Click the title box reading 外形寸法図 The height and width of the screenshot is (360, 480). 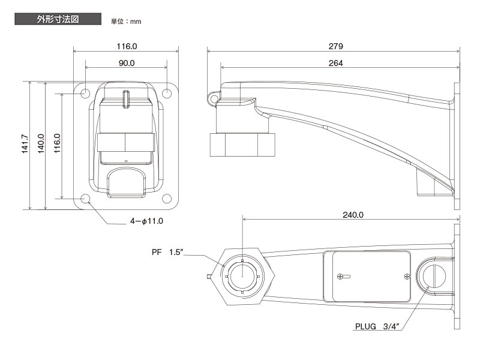point(57,19)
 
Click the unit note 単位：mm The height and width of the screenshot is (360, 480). point(125,22)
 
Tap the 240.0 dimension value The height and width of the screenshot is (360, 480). point(353,214)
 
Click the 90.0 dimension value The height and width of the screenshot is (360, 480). point(127,64)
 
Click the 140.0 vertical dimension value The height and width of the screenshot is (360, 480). point(41,145)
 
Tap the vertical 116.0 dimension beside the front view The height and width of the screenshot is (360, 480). point(58,145)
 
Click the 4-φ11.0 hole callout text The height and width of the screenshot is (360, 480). point(147,221)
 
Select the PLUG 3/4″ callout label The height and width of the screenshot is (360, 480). point(376,327)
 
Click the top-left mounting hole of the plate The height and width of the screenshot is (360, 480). point(85,93)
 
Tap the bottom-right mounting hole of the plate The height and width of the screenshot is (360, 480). point(167,199)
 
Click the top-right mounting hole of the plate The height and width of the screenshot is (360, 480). point(167,93)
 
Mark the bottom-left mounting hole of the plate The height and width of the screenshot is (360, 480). point(85,199)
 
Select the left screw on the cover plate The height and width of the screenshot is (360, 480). point(342,277)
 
